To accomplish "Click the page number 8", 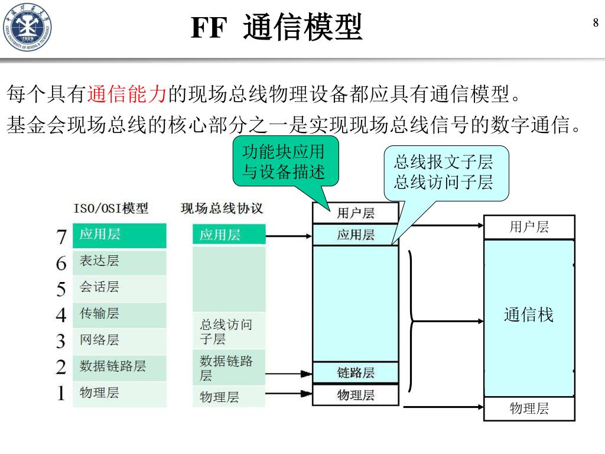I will coord(596,23).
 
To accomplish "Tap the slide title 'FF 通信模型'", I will coord(277,27).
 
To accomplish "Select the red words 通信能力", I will coord(128,93).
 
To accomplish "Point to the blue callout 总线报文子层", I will coord(443,172).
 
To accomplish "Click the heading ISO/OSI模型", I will coord(111,208).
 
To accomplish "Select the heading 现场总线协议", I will coord(222,208).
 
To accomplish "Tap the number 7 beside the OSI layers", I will coord(61,236).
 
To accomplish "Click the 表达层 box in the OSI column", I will coord(119,261).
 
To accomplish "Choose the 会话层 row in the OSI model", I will coord(119,287).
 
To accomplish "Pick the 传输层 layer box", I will coord(119,313).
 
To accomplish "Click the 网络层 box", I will coord(119,340).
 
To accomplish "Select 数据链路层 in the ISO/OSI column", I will coord(119,366).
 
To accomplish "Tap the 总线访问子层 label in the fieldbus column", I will coord(226,332).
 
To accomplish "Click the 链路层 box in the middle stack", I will coord(356,372).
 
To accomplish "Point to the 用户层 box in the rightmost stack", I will coord(529,227).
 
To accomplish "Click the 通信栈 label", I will coord(529,315).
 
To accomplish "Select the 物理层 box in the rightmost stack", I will coord(529,408).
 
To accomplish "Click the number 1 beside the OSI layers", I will coord(61,393).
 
